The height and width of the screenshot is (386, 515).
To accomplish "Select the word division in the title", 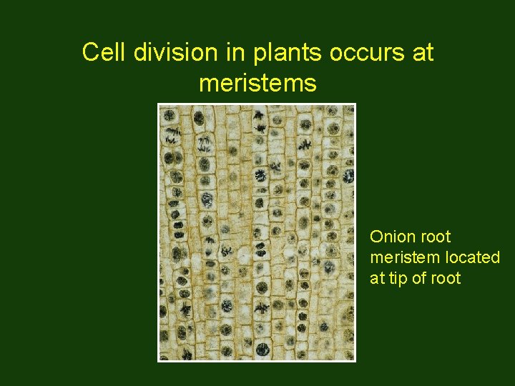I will (161, 52).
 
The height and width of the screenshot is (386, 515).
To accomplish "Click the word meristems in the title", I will (257, 84).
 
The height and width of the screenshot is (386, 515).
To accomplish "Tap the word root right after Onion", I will (434, 237).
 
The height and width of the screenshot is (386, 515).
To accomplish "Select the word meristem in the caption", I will (399, 257).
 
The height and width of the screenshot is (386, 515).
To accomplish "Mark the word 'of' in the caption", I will (423, 277).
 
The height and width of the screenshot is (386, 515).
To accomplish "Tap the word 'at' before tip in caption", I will (377, 278).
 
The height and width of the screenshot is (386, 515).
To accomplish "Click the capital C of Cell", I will (89, 52).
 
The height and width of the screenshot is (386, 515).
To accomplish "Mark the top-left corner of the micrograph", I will (158, 104).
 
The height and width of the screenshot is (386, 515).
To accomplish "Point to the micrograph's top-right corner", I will (355, 104).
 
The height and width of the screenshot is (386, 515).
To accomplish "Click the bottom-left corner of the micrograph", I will (158, 362).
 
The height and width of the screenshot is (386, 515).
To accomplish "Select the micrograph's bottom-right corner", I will (355, 362).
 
